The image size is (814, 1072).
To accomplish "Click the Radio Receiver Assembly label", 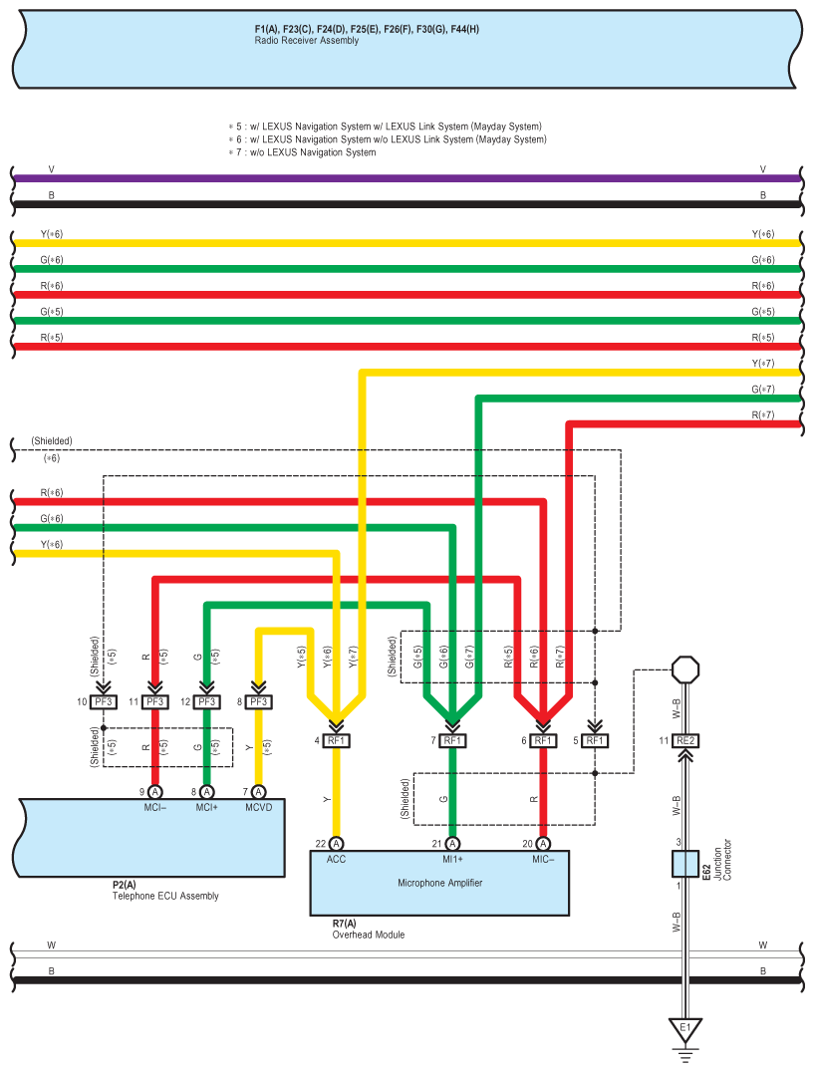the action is (x=306, y=40).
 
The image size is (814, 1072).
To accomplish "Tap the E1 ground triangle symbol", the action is (x=684, y=1029).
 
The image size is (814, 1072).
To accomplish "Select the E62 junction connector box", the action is (x=684, y=864).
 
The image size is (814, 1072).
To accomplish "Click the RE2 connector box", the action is (x=685, y=740).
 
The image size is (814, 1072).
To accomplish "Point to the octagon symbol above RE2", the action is (x=685, y=670).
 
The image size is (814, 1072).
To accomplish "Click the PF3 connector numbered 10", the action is (x=104, y=702).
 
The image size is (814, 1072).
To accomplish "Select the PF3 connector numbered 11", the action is (x=155, y=702).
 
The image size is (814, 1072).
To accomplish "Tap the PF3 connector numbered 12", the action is (x=207, y=702).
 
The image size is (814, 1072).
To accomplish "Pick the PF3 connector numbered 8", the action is (x=258, y=702).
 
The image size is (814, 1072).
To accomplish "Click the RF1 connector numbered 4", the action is (x=337, y=740).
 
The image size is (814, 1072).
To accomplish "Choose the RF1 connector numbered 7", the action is (x=452, y=740).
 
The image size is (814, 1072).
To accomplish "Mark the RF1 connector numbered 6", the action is (x=543, y=740).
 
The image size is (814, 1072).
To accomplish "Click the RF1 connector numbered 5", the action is (x=595, y=740).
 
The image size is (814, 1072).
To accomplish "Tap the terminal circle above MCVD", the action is (x=258, y=792).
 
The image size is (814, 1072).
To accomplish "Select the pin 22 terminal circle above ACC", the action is (x=337, y=844).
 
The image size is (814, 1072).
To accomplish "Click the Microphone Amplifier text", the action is (x=440, y=883).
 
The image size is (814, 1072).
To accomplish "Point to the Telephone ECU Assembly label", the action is (x=165, y=896).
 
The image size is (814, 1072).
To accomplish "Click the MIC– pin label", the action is (x=543, y=860).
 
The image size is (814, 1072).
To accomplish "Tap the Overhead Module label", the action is (x=369, y=935).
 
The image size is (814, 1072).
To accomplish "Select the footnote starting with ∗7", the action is (x=302, y=152).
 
